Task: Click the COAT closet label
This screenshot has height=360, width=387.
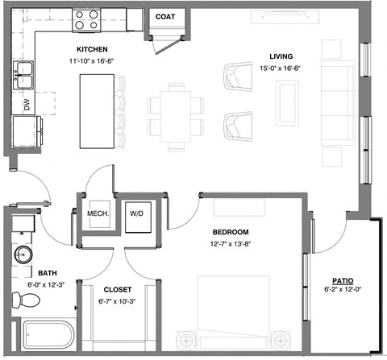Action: [165, 16]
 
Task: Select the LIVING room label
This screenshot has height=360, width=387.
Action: [281, 56]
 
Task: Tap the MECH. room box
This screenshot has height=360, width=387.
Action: [98, 213]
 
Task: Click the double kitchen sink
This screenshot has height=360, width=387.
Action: [23, 74]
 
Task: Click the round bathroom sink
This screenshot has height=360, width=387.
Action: [23, 256]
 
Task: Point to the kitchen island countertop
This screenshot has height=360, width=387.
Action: [98, 111]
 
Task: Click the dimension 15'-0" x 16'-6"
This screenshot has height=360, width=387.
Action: [280, 68]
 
